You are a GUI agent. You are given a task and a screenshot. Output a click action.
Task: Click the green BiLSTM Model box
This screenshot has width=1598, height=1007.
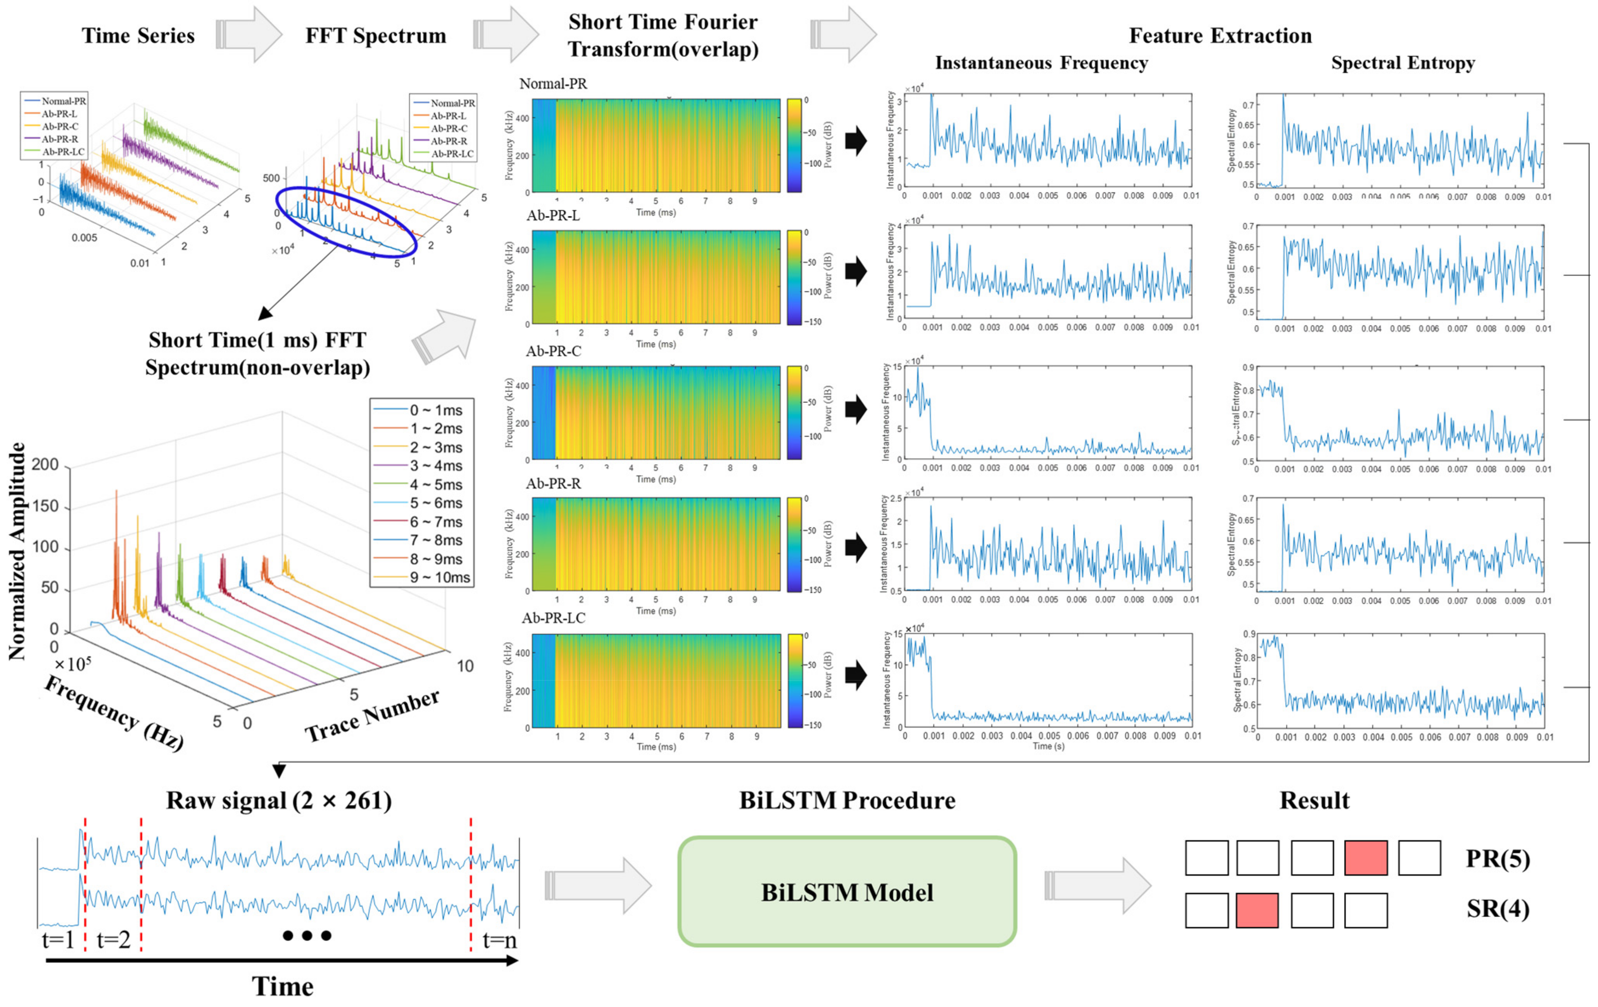coord(847,891)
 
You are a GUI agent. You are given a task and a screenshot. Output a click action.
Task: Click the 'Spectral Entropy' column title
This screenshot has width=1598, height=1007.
coord(1402,63)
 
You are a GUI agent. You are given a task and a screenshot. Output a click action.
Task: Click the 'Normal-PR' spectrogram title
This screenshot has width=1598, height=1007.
coord(553,84)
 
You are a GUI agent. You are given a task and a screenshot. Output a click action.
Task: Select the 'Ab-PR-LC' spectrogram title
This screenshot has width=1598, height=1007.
coord(554,618)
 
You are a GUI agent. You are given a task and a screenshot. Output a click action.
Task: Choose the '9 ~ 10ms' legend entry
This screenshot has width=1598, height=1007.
coord(423,577)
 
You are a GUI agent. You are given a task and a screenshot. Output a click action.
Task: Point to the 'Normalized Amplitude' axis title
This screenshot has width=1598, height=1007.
coord(17,551)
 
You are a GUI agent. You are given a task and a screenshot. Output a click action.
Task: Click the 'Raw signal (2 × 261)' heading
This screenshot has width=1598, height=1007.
coord(279,801)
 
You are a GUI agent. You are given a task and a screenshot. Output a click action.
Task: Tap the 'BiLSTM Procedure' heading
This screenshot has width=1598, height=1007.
coord(847,801)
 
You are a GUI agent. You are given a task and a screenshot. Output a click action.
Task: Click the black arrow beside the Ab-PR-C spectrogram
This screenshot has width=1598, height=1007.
coord(856,409)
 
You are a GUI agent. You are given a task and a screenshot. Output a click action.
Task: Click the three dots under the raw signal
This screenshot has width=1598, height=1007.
coord(307,936)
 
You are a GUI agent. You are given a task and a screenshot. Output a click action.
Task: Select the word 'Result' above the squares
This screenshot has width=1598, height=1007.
coord(1314,801)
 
